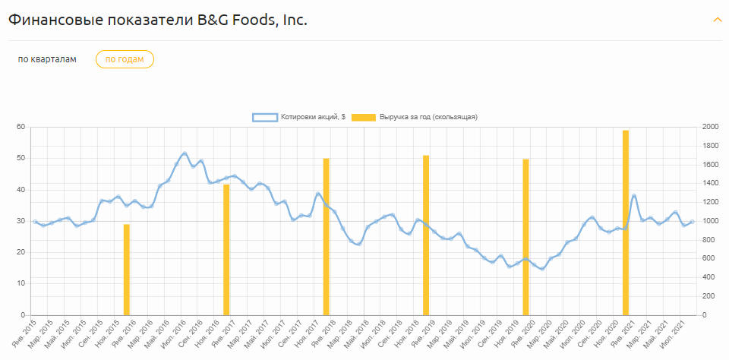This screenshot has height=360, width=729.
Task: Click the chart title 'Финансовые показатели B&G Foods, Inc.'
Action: [x=158, y=20]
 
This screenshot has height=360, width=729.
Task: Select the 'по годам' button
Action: [x=125, y=59]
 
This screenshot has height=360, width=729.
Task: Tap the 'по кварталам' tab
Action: [x=47, y=59]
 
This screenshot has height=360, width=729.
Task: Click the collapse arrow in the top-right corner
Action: [x=717, y=20]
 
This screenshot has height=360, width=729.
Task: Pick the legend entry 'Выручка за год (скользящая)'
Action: [x=418, y=117]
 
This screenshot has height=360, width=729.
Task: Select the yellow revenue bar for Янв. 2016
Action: [x=127, y=270]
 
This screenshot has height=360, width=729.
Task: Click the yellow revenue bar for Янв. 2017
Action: [x=226, y=249]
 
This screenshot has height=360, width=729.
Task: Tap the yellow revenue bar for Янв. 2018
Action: [x=326, y=236]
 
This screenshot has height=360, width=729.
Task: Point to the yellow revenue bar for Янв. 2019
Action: [x=426, y=235]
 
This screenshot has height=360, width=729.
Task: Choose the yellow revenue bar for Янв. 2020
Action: [x=525, y=237]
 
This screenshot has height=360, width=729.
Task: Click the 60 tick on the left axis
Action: [x=21, y=127]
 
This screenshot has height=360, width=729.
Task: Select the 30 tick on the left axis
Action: [x=21, y=221]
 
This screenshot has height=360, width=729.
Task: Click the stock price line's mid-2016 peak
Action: [x=185, y=153]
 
